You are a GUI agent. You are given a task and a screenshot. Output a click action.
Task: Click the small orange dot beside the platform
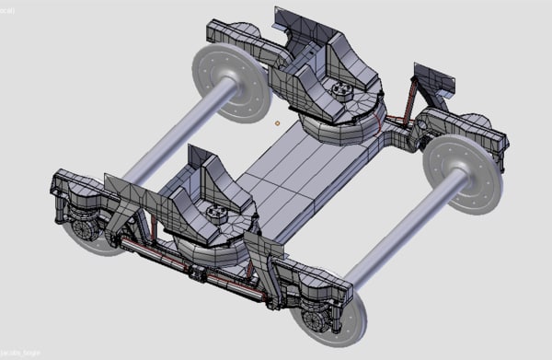(x=277, y=122)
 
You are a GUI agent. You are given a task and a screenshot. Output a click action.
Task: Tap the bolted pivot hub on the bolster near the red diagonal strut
(x=342, y=91)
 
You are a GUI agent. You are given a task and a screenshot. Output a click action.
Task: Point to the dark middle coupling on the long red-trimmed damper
(x=195, y=271)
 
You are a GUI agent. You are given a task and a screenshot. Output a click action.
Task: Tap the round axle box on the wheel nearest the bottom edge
(x=316, y=319)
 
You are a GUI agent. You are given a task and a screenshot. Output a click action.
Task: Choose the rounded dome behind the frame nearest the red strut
(x=474, y=122)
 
